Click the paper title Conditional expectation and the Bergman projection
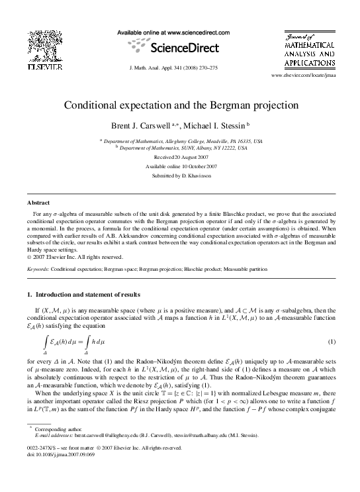point(181,105)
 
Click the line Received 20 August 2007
point(181,157)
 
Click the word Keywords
point(37,270)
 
